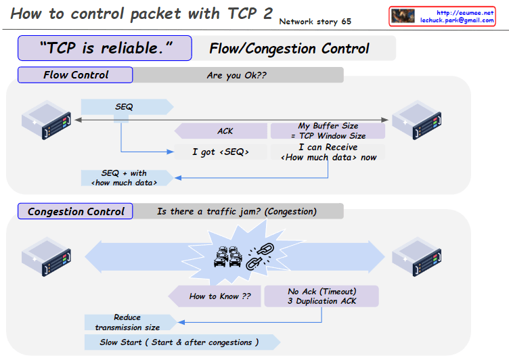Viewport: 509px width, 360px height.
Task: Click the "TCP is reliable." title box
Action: tap(106, 48)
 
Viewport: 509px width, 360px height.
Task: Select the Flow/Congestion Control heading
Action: tap(289, 48)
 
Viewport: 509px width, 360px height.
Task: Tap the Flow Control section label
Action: tap(75, 75)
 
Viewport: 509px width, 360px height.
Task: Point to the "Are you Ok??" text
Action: tap(236, 75)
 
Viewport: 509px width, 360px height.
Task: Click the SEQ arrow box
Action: tap(125, 107)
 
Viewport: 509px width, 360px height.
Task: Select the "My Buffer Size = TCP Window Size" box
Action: tap(328, 131)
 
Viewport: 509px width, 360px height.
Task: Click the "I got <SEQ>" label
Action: tap(220, 152)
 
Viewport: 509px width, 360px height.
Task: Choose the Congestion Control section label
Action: tap(76, 211)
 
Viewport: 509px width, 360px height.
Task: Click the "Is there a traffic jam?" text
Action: tap(236, 211)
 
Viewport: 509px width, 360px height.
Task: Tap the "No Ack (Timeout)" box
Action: tap(322, 296)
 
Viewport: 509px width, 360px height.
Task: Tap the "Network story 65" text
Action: tap(315, 22)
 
